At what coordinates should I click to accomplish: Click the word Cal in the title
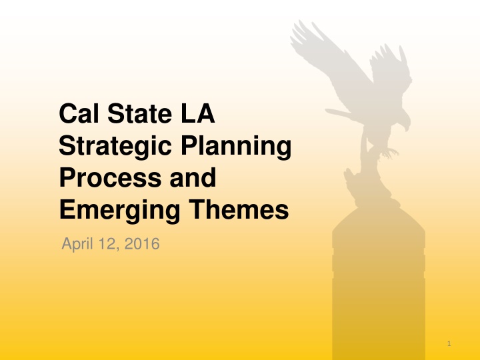point(76,115)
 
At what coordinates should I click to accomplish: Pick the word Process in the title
point(101,179)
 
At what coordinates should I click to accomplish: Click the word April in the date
point(78,245)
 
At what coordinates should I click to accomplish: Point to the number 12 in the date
point(109,245)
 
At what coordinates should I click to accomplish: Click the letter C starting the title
point(66,115)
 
